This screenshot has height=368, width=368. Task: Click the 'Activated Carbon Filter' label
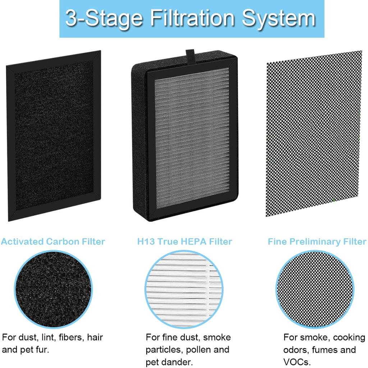[53, 241]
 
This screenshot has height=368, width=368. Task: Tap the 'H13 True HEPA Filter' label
[185, 241]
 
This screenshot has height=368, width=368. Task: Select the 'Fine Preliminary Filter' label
[317, 241]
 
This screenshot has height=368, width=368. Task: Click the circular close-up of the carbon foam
[53, 289]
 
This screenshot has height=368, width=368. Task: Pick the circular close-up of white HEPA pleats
[185, 289]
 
